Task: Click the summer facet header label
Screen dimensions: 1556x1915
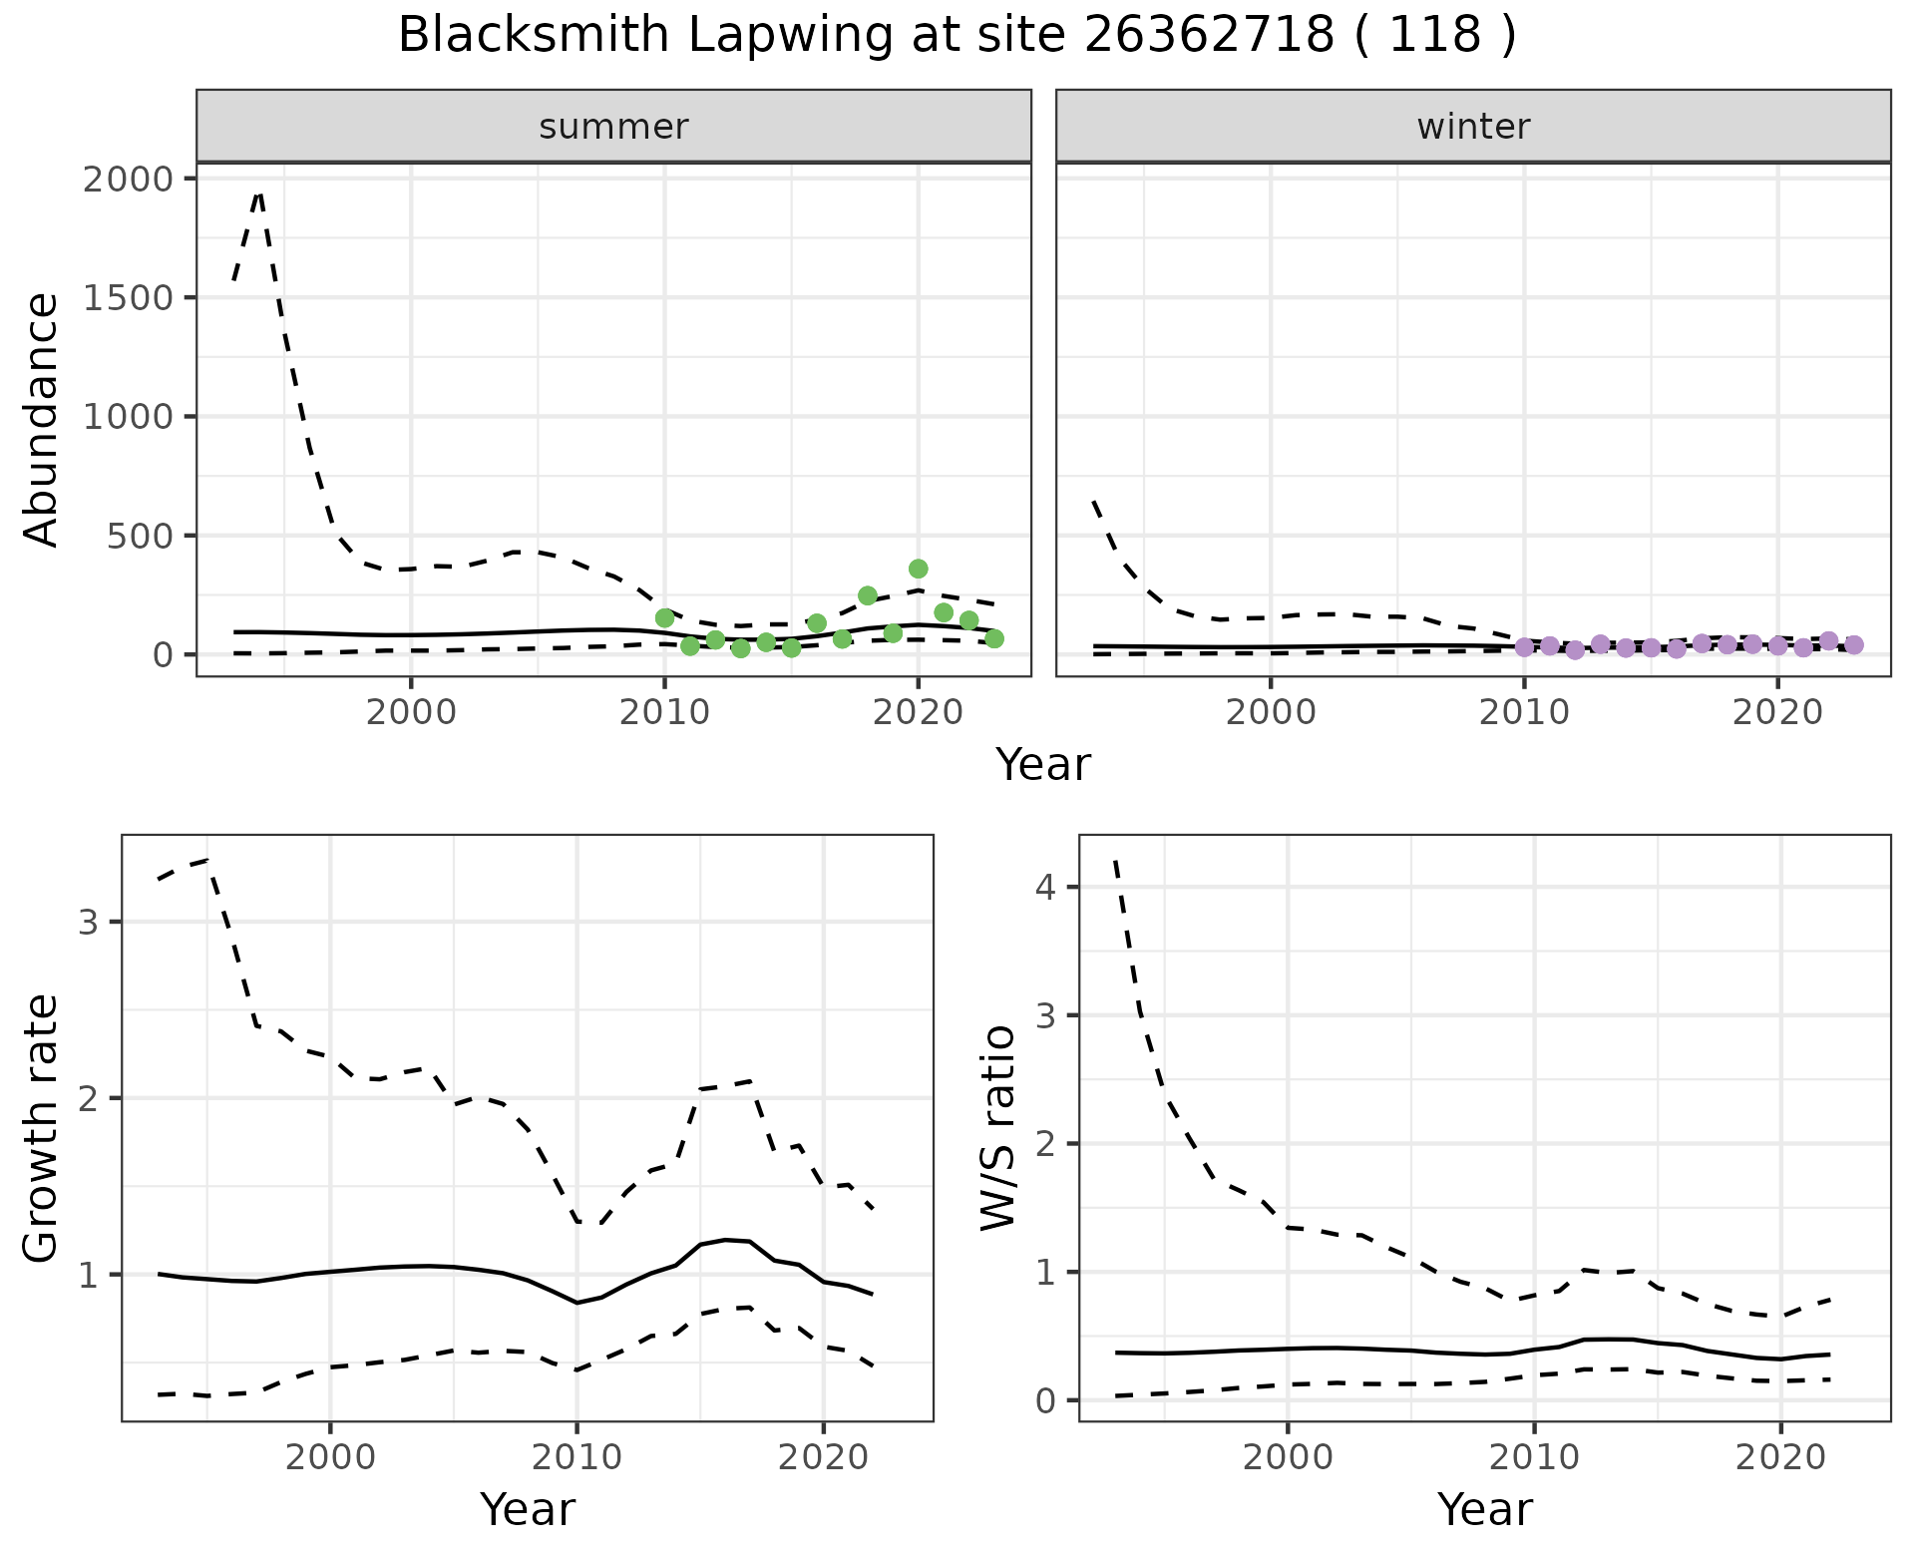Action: coord(613,127)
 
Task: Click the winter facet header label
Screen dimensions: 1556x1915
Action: coord(1473,127)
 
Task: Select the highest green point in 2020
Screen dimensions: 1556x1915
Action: coord(919,569)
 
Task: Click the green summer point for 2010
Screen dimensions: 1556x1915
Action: coord(664,618)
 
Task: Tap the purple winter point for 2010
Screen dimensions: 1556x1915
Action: coord(1524,647)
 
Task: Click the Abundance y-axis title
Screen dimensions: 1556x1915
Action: coord(42,419)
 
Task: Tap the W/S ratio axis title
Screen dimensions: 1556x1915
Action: coord(998,1128)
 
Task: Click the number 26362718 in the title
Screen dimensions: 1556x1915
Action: coord(1209,36)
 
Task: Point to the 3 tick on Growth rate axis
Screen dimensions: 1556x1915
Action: coord(89,922)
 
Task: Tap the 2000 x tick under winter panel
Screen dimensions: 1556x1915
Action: coord(1270,713)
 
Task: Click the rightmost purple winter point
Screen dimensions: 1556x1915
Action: coord(1854,645)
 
